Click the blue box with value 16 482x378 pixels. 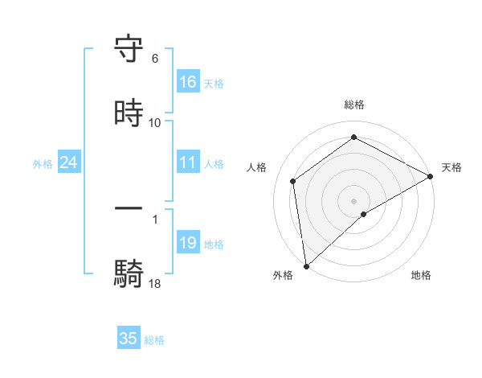pos(188,82)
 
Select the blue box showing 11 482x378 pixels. pos(188,162)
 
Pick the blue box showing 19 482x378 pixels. pos(188,243)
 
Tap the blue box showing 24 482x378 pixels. pos(69,162)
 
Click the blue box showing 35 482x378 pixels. pos(129,339)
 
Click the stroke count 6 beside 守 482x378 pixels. pos(155,59)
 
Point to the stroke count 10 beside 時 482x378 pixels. pos(155,122)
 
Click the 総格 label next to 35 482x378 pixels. pos(154,340)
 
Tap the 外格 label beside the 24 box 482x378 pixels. pos(43,164)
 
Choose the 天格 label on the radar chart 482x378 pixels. pos(451,167)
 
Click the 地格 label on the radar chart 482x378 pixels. pos(421,275)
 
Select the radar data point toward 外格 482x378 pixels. pos(306,265)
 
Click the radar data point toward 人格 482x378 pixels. pos(293,181)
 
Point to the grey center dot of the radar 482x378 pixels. pos(353,200)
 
